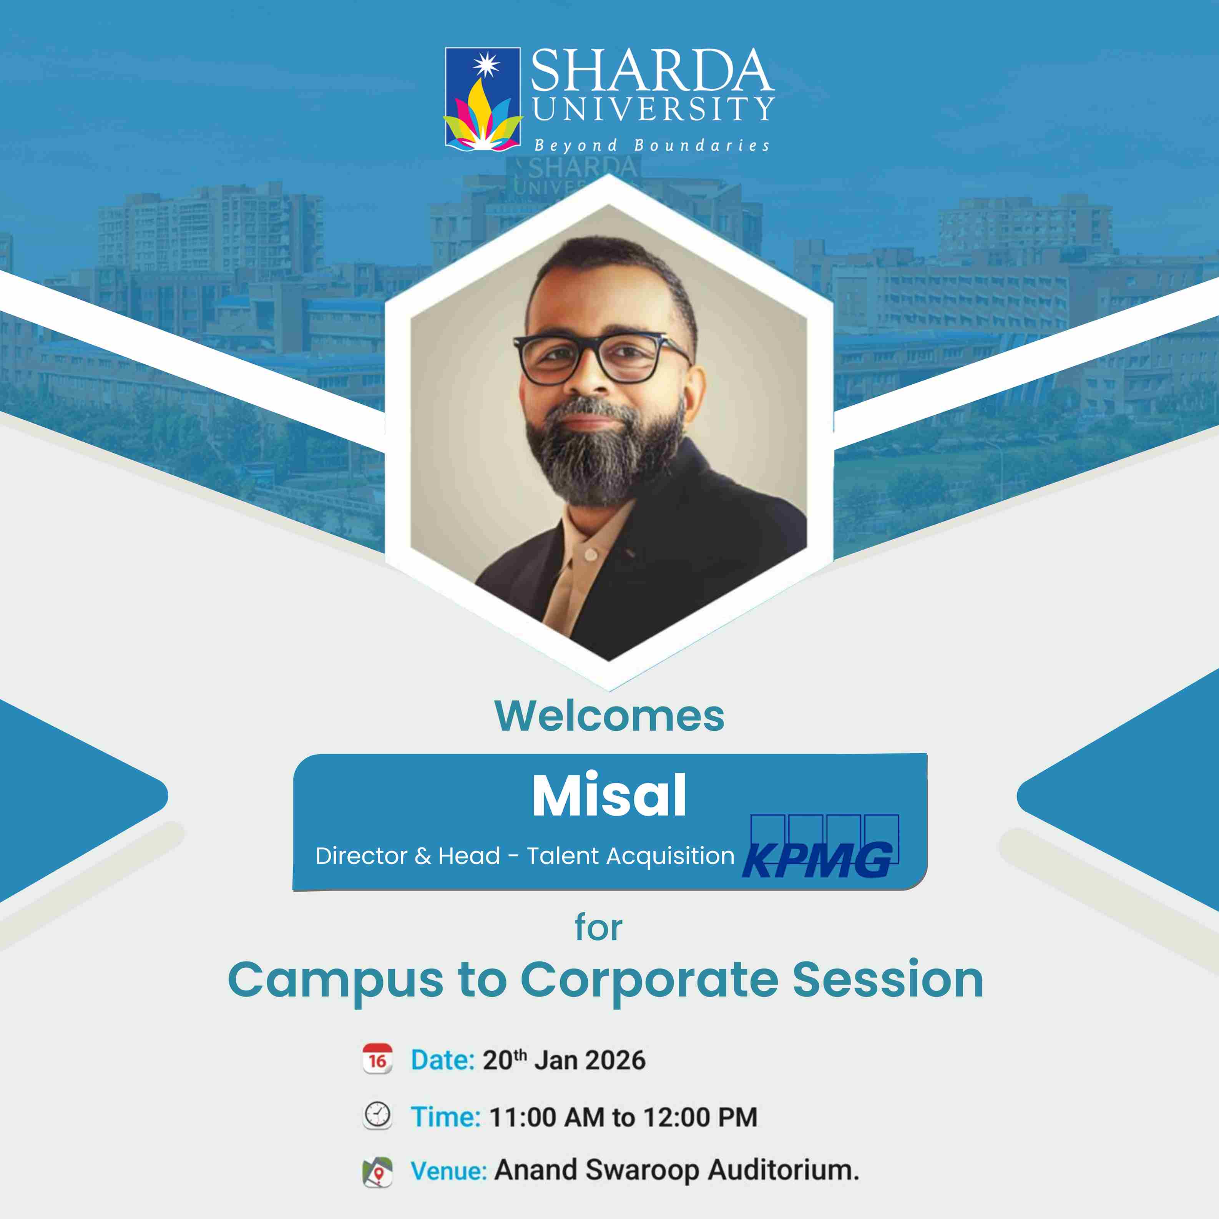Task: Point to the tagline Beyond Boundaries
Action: [x=652, y=146]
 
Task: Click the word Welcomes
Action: [x=609, y=716]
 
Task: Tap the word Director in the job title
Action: [x=362, y=856]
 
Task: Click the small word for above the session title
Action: [x=598, y=928]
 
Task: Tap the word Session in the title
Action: [x=888, y=980]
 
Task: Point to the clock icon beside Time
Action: [x=377, y=1116]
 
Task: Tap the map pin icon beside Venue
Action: [x=377, y=1172]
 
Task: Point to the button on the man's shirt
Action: [x=591, y=555]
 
